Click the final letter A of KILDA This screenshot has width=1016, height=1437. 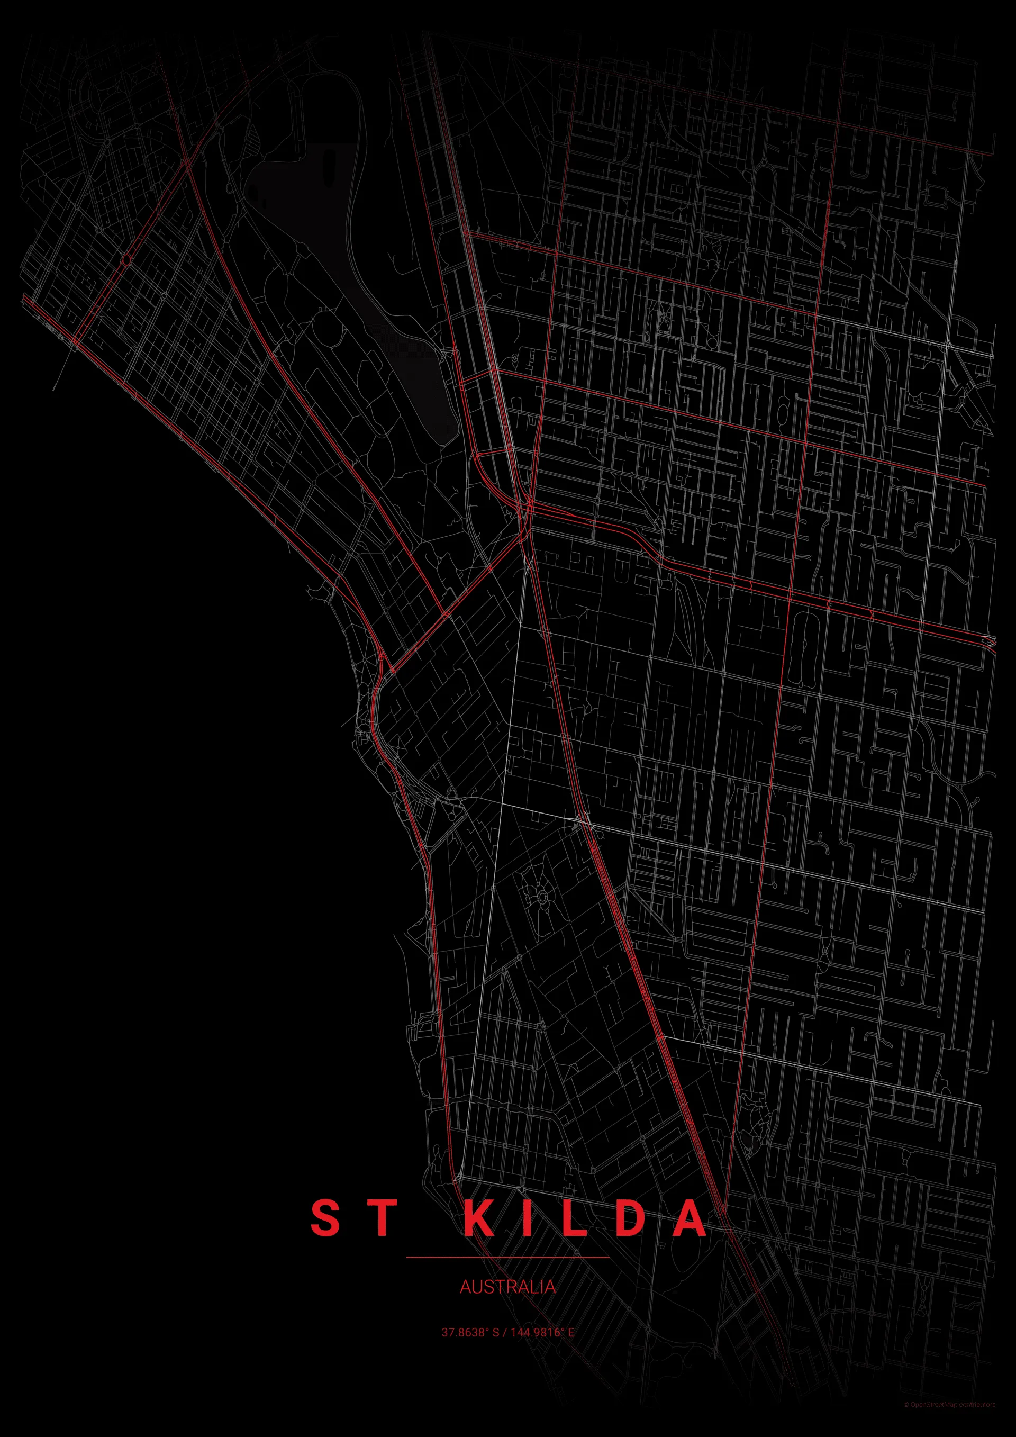point(690,1218)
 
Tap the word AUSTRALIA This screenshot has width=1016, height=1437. point(507,1287)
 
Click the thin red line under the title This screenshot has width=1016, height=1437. point(507,1257)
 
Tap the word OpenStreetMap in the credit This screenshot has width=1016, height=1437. point(933,1417)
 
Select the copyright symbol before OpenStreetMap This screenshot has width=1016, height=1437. point(906,1417)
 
